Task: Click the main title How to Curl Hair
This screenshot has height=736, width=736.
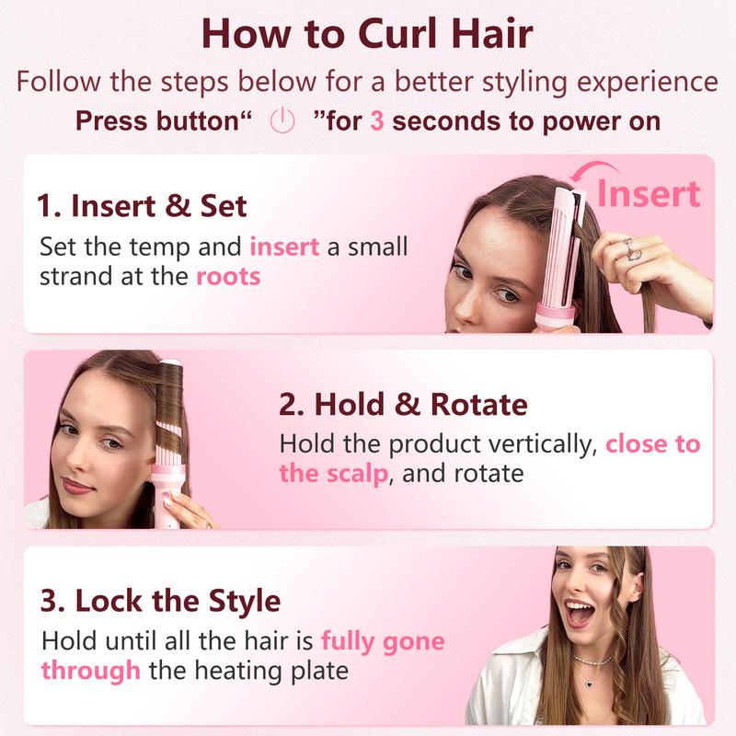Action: [367, 34]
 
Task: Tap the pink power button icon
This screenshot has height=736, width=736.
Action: [282, 121]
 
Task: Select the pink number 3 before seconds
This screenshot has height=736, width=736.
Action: [376, 121]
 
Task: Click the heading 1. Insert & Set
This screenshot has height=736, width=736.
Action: [143, 205]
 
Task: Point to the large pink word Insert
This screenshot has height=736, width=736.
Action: [649, 193]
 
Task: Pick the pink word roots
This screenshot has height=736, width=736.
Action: [228, 276]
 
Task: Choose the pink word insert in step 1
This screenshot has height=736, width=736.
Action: [284, 247]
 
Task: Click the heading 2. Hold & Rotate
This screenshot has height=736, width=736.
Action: [403, 404]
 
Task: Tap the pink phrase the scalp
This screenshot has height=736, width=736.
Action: [332, 474]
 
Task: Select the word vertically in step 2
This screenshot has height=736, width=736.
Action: [529, 444]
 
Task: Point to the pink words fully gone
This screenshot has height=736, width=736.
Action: [383, 640]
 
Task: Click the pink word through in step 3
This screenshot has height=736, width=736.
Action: [90, 670]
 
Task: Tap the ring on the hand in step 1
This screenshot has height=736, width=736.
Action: [630, 246]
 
